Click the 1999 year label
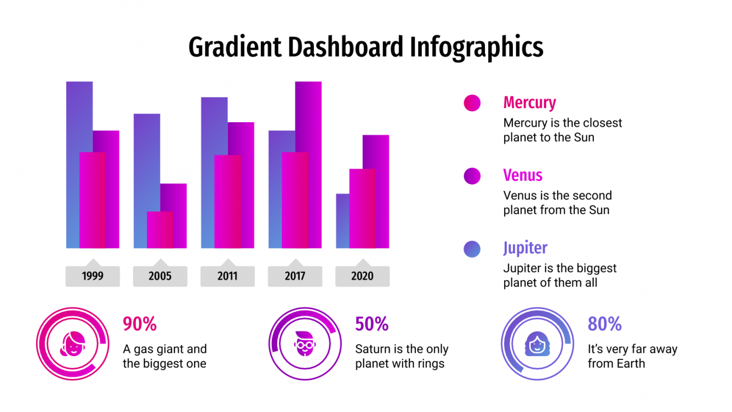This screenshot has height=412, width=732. pos(93,276)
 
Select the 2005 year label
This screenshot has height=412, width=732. pos(160,276)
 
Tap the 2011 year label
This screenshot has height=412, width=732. pos(227,276)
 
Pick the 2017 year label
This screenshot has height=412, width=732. pos(295,276)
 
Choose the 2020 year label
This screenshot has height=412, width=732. pos(362,276)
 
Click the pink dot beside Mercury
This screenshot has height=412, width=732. pos(472,103)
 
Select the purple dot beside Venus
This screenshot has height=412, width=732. pos(472,176)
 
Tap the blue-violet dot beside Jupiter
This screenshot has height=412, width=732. pos(472,249)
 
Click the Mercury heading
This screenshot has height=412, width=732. pos(529,102)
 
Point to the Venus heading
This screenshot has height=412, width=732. pos(523,175)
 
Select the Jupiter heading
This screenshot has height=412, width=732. pos(525,248)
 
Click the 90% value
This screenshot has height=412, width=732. pos(140,324)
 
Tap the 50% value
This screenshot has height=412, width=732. pos(372,324)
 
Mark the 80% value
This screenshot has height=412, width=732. pos(604,324)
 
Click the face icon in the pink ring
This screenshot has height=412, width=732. pos(74,344)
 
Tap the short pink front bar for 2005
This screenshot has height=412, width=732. pos(160,230)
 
